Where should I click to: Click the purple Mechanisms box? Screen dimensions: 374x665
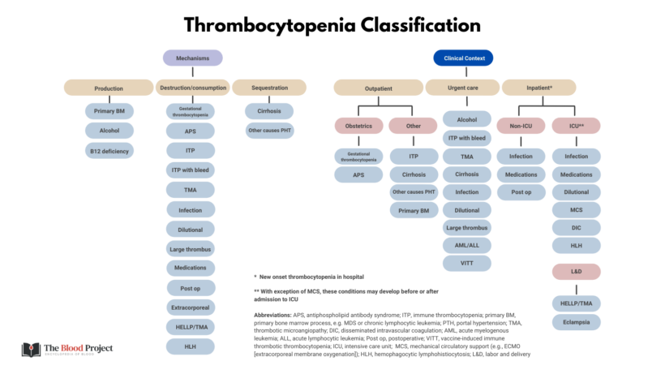pos(192,58)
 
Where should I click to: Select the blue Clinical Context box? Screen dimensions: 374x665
pos(464,58)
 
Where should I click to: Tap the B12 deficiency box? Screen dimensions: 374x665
pos(109,151)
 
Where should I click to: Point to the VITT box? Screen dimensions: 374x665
pos(466,264)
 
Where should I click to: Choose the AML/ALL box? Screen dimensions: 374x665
pos(466,245)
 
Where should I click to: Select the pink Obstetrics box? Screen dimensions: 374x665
pos(358,126)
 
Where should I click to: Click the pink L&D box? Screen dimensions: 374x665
pos(577,270)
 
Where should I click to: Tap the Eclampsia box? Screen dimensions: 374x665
pos(577,322)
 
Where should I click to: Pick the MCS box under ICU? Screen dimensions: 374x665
pos(577,210)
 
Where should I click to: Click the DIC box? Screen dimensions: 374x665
pos(577,228)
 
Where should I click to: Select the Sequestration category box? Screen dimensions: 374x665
pos(269,87)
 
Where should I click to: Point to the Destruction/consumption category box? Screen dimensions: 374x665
pos(191,87)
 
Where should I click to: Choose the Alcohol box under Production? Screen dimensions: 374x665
pos(109,131)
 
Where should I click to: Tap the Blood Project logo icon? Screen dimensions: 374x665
pos(31,350)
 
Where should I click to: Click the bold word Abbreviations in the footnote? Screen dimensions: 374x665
pos(275,314)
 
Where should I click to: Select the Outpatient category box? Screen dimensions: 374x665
pos(379,87)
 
